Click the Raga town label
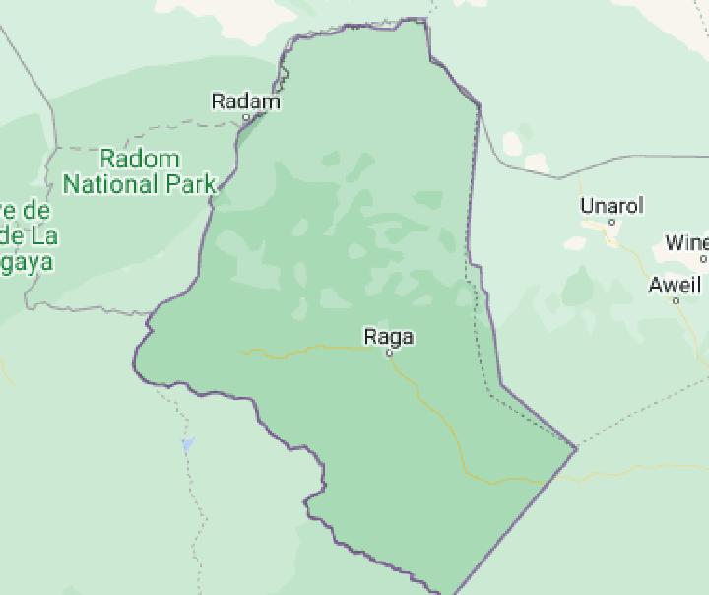pyautogui.click(x=389, y=337)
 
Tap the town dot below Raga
pyautogui.click(x=390, y=353)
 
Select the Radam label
pyautogui.click(x=246, y=101)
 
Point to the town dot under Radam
pyautogui.click(x=247, y=117)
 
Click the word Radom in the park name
pyautogui.click(x=141, y=159)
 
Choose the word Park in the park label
pyautogui.click(x=190, y=184)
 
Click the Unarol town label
pyautogui.click(x=612, y=206)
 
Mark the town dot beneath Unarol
pyautogui.click(x=612, y=222)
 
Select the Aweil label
pyautogui.click(x=676, y=286)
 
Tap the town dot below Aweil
pyautogui.click(x=677, y=300)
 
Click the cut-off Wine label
pyautogui.click(x=686, y=242)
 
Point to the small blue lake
pyautogui.click(x=188, y=445)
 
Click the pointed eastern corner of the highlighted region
pyautogui.click(x=576, y=449)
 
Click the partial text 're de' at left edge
pyautogui.click(x=26, y=211)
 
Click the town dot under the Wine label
pyautogui.click(x=703, y=259)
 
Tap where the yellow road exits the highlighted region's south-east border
pyautogui.click(x=546, y=480)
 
